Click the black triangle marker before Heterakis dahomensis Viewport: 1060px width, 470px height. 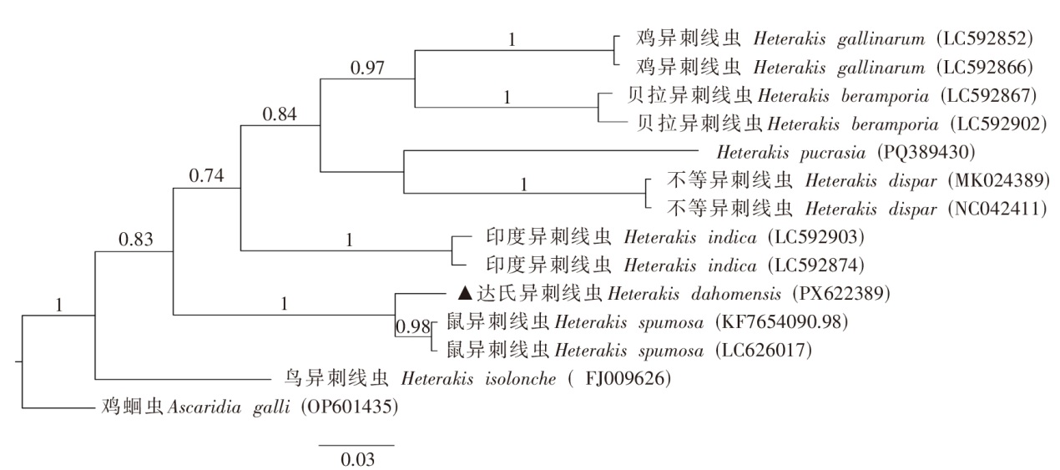tap(466, 293)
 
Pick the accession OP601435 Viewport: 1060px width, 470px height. tap(350, 408)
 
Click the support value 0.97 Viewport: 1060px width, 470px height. tap(367, 68)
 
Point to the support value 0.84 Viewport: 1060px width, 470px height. tap(280, 114)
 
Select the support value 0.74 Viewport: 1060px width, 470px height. tap(205, 175)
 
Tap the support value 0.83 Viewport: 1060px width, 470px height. tap(134, 240)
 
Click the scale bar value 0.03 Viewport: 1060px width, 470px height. tap(356, 458)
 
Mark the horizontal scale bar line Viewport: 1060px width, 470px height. tap(356, 445)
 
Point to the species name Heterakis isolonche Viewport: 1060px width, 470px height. tap(478, 379)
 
